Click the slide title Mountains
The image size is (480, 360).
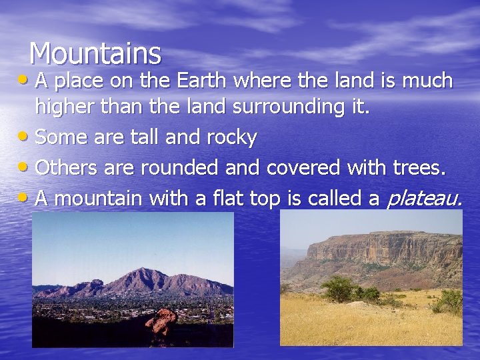(x=95, y=53)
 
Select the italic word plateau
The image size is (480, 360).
(x=424, y=198)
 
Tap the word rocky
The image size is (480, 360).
(x=231, y=138)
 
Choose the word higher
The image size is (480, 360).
(x=67, y=107)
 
